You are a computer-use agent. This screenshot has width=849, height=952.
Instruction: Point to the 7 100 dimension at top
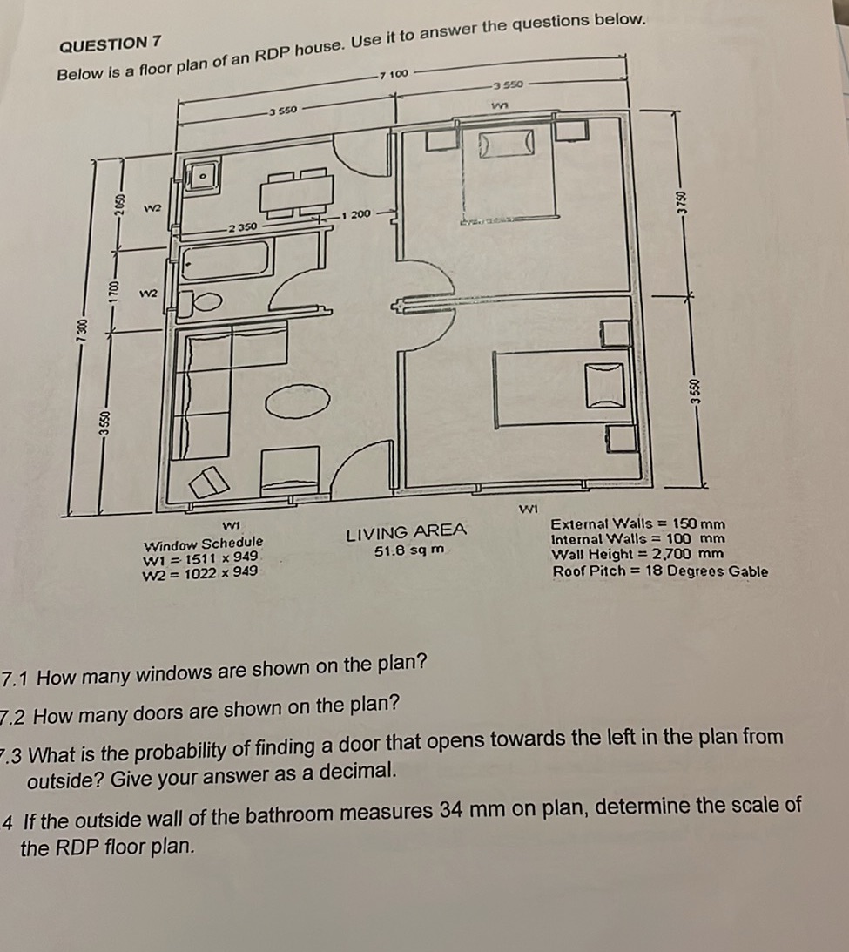[x=393, y=75]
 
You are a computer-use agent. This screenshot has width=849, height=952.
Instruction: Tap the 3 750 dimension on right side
[x=684, y=202]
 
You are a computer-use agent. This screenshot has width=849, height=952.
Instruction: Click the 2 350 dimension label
[x=240, y=226]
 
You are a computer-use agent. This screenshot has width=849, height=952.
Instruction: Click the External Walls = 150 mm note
[x=637, y=524]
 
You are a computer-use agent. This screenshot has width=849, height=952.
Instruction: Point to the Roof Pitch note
[x=659, y=571]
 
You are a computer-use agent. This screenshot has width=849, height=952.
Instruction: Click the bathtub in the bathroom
[x=225, y=260]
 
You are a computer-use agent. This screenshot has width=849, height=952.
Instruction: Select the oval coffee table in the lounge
[x=297, y=402]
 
